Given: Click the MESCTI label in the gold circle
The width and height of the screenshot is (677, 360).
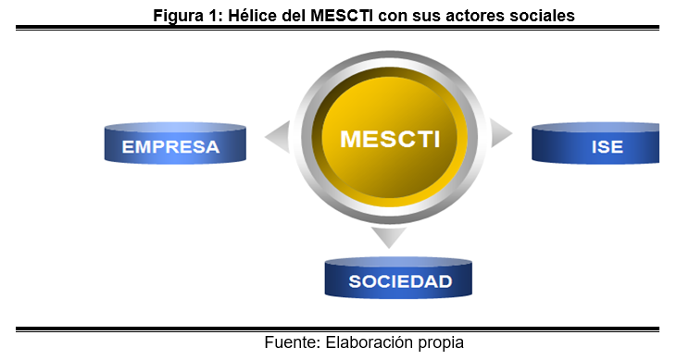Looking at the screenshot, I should pyautogui.click(x=389, y=139).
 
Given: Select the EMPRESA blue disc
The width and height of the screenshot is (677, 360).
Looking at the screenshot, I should pyautogui.click(x=174, y=145).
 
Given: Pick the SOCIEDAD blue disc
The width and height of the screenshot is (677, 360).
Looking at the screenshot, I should pyautogui.click(x=400, y=279).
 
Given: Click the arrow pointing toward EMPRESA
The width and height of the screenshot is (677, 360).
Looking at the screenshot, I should pyautogui.click(x=276, y=137).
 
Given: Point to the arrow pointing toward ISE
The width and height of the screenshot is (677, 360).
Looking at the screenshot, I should pyautogui.click(x=501, y=134).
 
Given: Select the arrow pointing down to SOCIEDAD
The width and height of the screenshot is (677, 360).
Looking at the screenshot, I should pyautogui.click(x=389, y=238).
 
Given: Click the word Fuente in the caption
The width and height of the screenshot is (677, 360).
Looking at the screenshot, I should pyautogui.click(x=291, y=342).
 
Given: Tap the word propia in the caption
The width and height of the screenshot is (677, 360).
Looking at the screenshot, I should pyautogui.click(x=440, y=342).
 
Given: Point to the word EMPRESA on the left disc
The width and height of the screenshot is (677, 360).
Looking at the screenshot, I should pyautogui.click(x=172, y=147).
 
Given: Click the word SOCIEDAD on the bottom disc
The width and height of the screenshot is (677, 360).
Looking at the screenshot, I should pyautogui.click(x=400, y=282).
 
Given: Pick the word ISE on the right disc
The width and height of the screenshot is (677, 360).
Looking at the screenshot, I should pyautogui.click(x=607, y=147).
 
